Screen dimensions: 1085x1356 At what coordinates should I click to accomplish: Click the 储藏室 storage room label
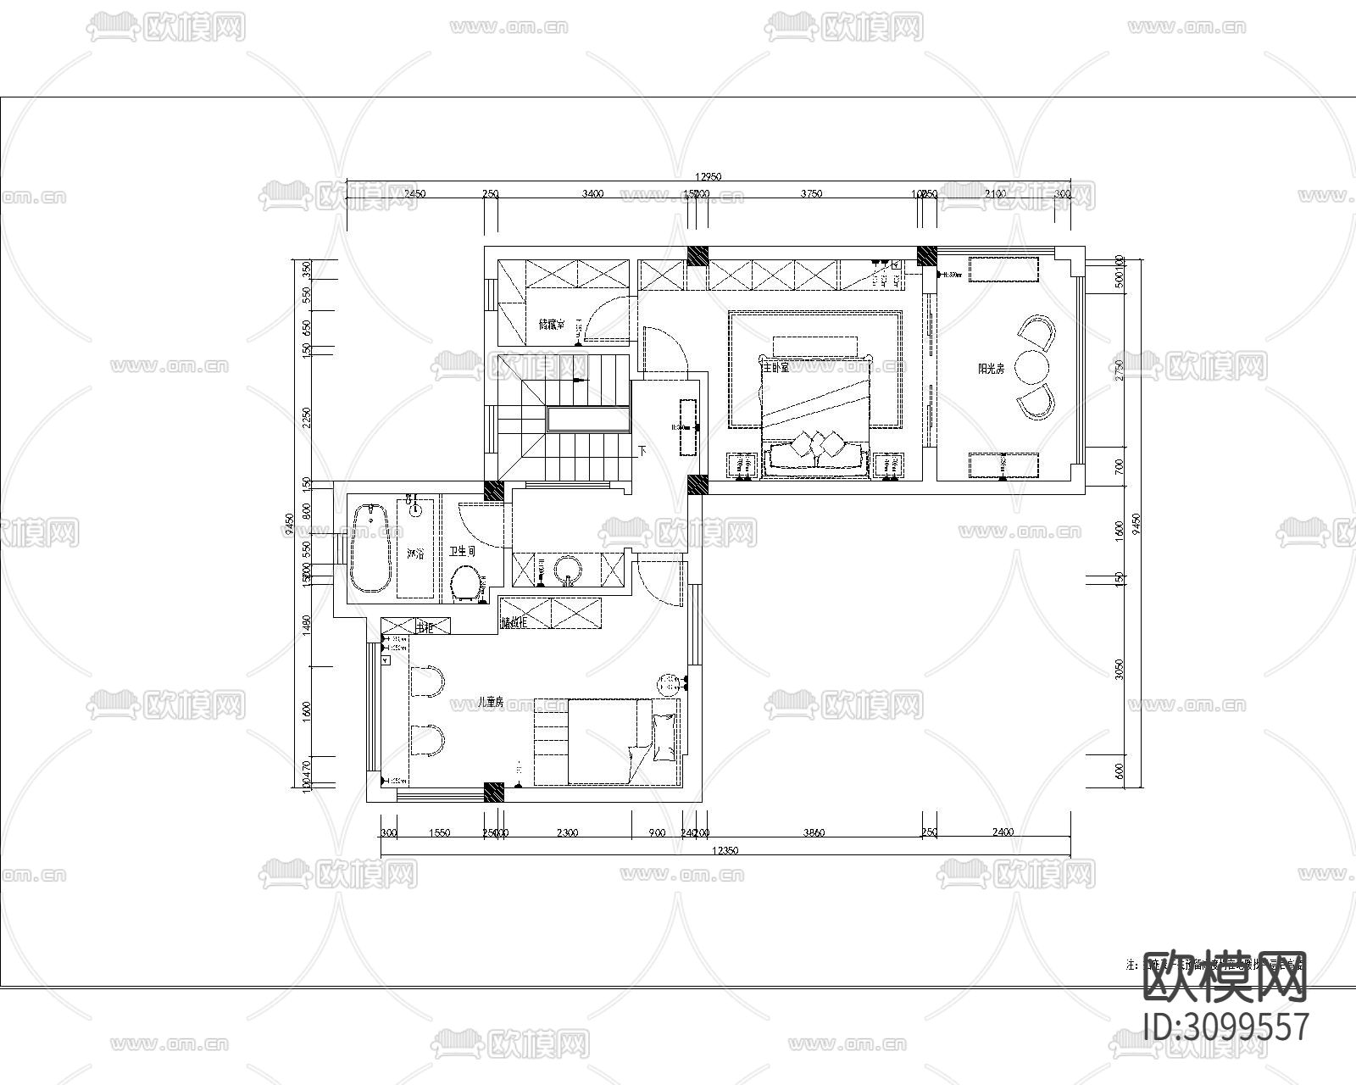[552, 324]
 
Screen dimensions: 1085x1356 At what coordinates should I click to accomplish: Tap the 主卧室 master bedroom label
[775, 368]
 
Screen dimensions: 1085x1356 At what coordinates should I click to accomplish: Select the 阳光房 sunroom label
[991, 369]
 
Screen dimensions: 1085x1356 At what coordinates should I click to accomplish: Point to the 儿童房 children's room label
[491, 702]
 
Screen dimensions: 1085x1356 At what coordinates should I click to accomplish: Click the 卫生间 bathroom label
[462, 551]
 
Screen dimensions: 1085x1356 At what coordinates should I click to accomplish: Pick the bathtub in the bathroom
[371, 548]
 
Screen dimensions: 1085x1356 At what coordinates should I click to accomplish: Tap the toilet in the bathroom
[465, 583]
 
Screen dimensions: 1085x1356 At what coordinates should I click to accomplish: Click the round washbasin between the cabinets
[569, 570]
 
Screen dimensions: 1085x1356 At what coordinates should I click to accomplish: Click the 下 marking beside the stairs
[642, 451]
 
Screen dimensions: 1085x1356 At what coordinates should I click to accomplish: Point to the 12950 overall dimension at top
[708, 177]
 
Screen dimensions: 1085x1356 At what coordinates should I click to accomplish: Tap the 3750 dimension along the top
[811, 194]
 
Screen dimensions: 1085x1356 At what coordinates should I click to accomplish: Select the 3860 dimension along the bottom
[813, 832]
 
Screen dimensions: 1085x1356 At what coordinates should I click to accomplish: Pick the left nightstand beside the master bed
[743, 465]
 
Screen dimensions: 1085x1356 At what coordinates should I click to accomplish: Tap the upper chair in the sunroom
[1038, 331]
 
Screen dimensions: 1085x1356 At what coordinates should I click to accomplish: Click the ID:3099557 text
[1225, 1027]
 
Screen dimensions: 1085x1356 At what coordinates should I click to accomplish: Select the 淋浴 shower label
[415, 554]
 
